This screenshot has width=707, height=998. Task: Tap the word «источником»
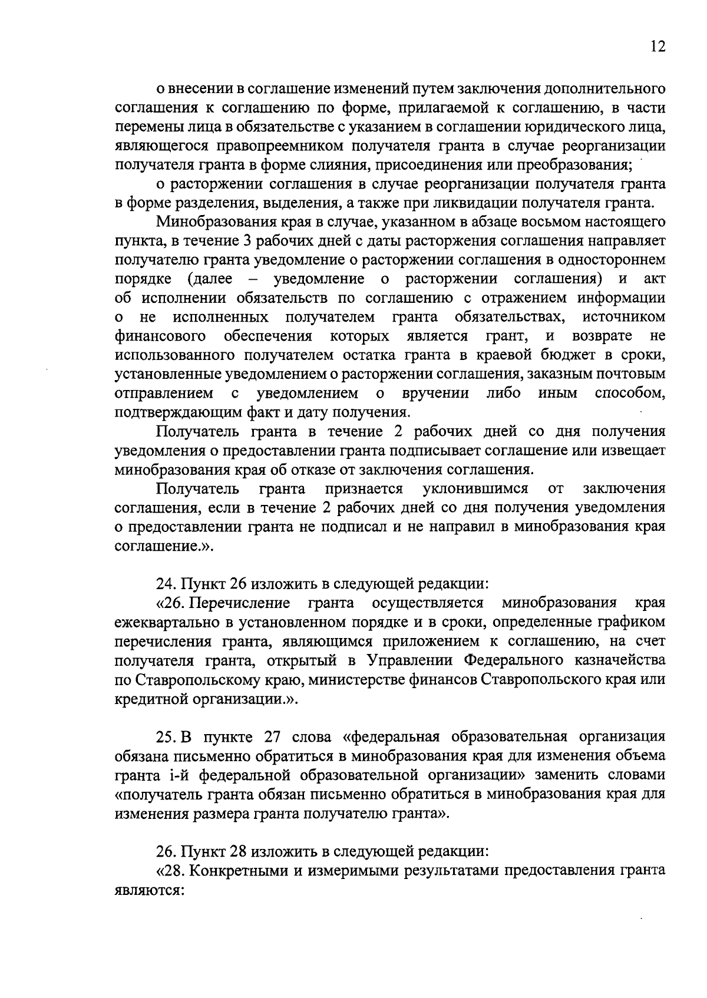click(624, 318)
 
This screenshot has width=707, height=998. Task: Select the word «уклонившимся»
click(475, 489)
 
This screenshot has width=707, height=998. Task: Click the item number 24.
click(164, 584)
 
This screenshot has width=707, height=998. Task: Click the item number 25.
click(164, 737)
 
